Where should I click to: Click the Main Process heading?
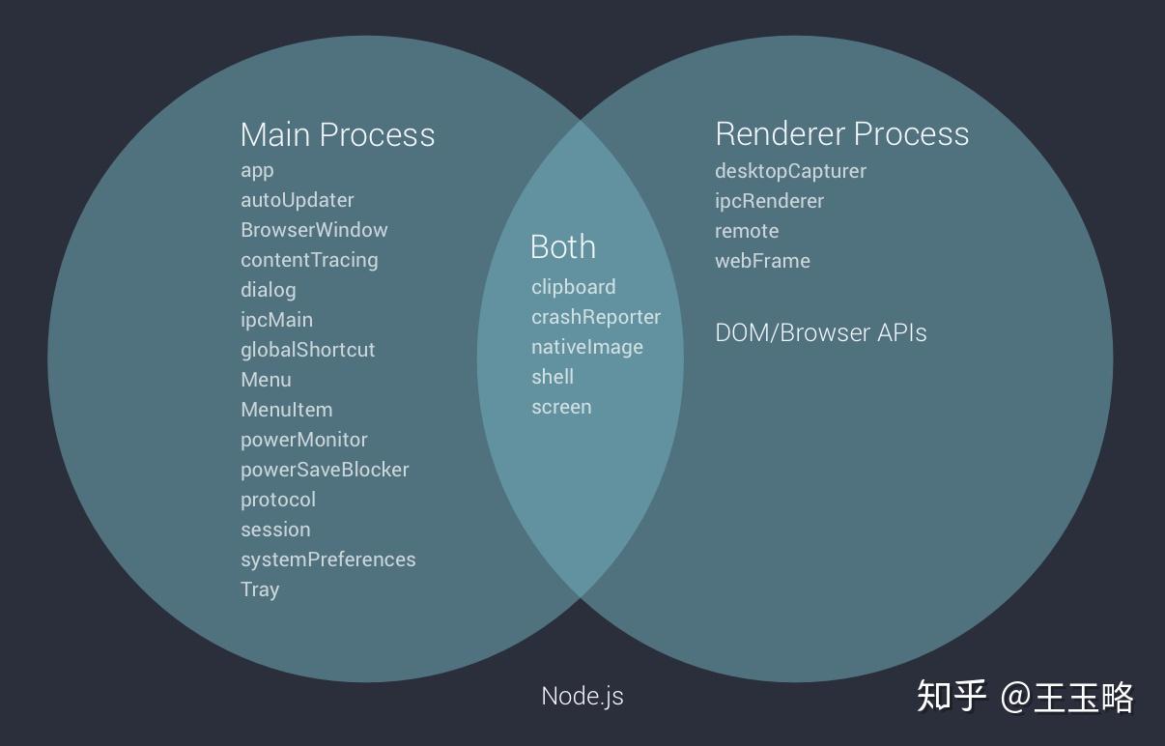click(337, 134)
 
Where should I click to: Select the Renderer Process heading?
click(842, 133)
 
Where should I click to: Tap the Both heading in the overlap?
click(563, 246)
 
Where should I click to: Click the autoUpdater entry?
click(297, 200)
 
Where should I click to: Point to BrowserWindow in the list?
click(314, 230)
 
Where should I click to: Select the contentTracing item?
click(309, 260)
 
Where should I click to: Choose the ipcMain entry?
click(276, 320)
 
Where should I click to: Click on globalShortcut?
click(307, 350)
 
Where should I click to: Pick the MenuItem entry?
click(287, 410)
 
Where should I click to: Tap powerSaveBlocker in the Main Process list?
click(325, 470)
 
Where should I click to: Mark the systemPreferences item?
click(328, 559)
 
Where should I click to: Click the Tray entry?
click(260, 589)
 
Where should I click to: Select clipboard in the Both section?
click(574, 287)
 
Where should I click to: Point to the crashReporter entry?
click(596, 317)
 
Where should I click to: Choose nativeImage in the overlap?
click(587, 348)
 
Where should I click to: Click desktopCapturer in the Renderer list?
click(790, 172)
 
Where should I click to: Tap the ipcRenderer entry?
click(769, 201)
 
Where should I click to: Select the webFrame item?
click(762, 261)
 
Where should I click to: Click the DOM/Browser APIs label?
click(821, 333)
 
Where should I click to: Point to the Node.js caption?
click(582, 697)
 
